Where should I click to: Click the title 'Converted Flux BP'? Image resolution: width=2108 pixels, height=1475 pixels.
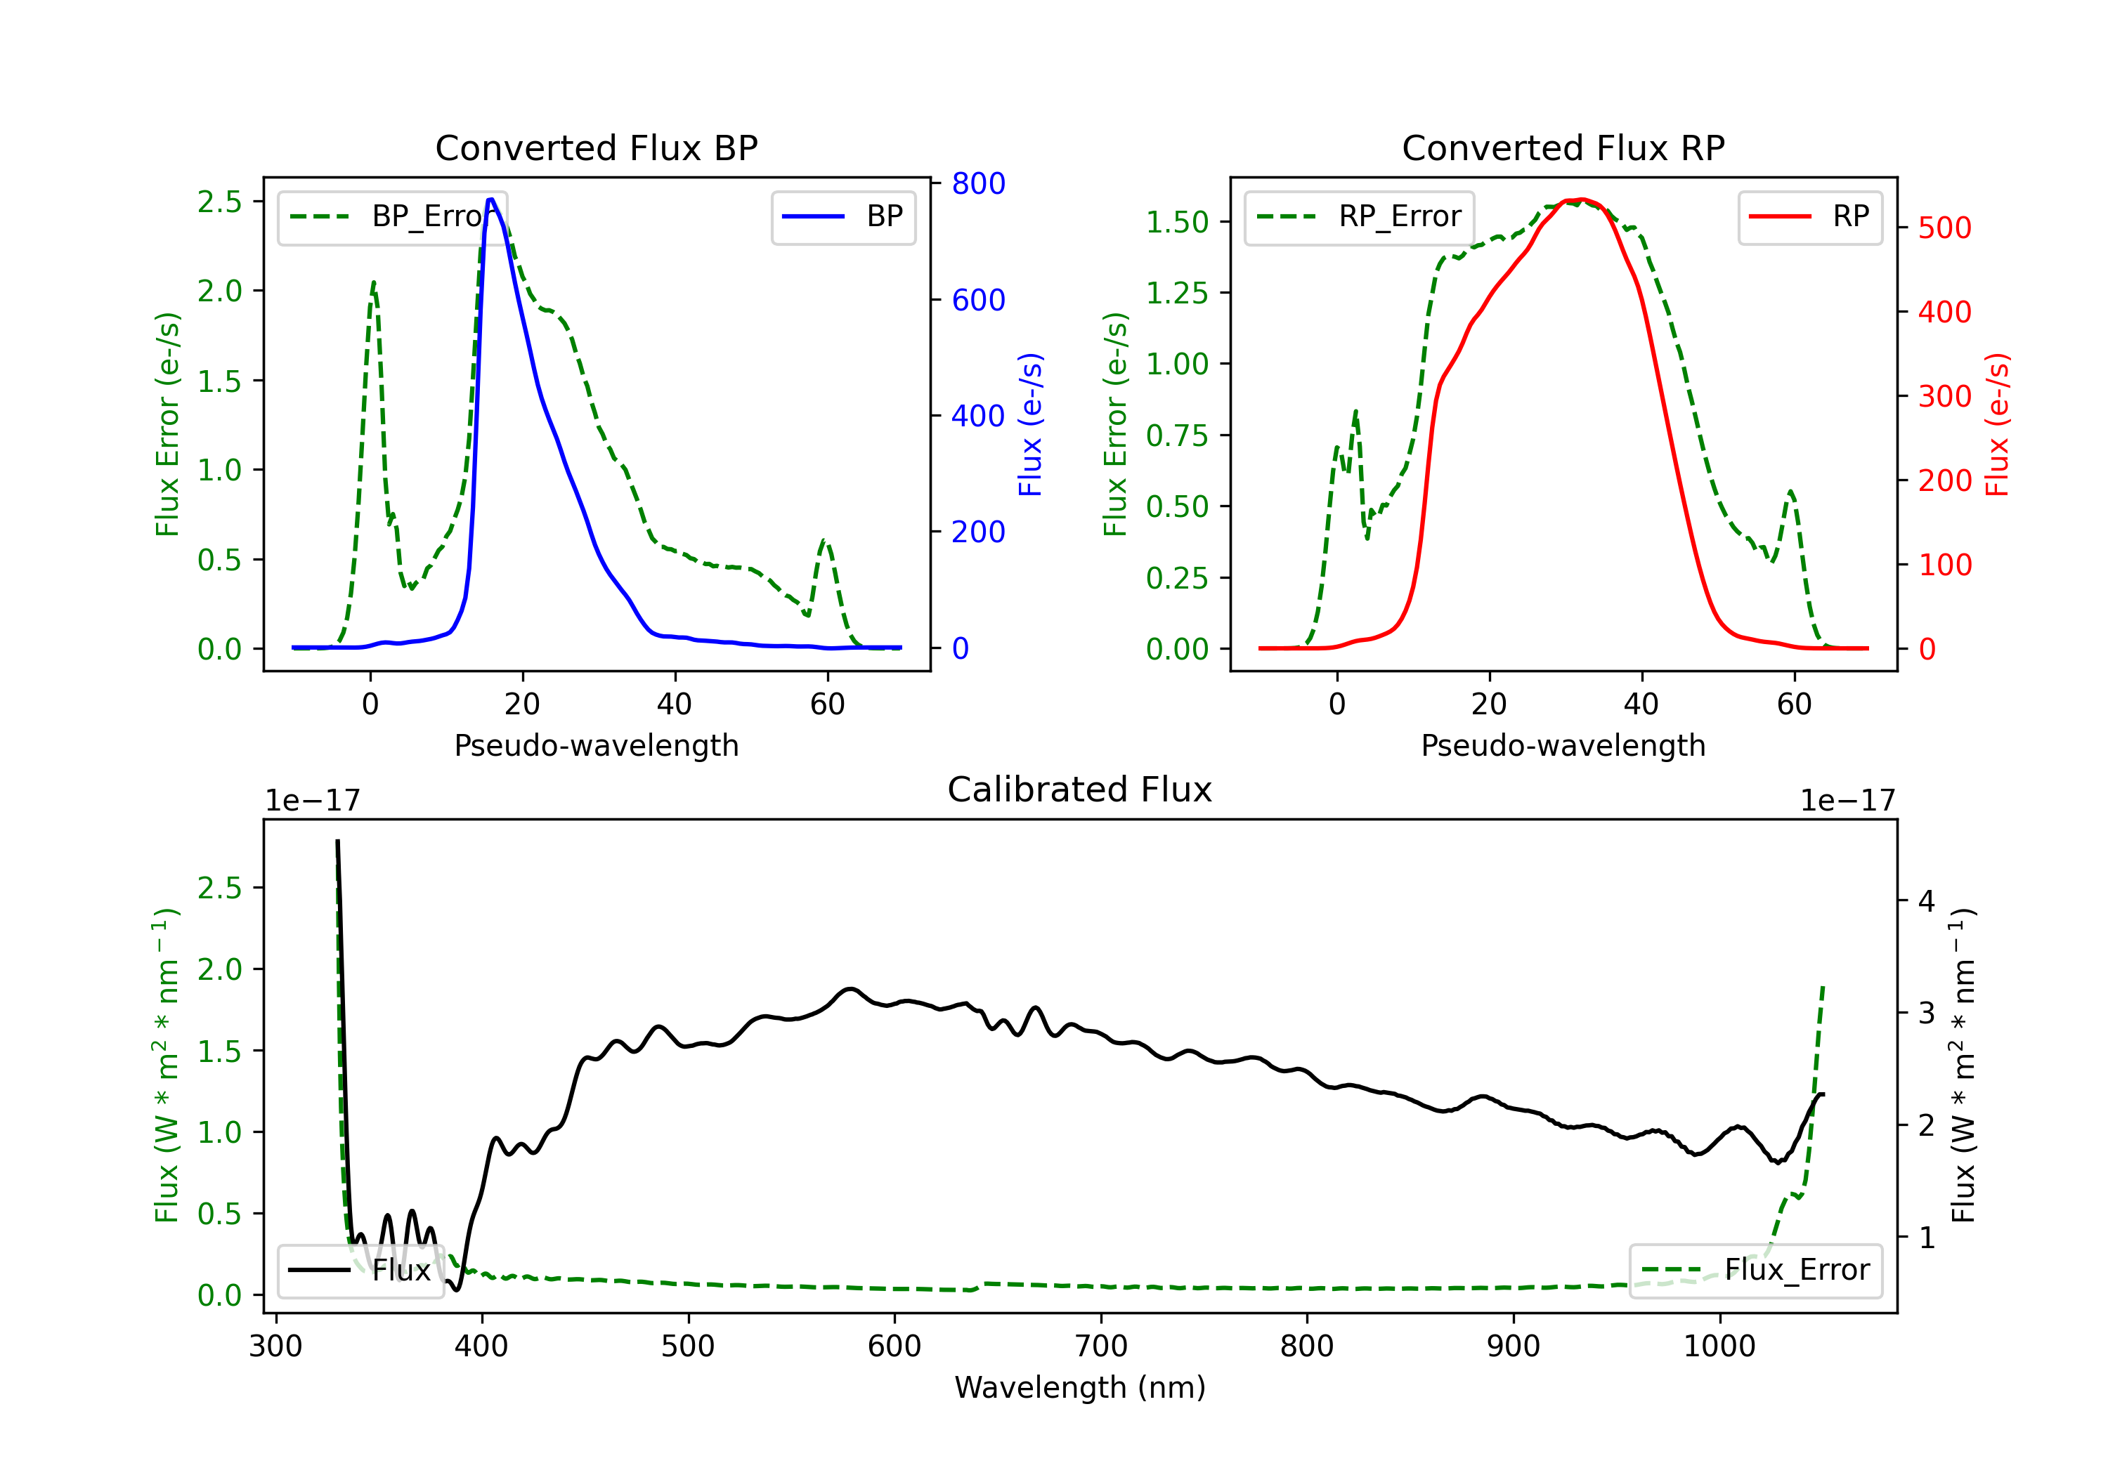[596, 147]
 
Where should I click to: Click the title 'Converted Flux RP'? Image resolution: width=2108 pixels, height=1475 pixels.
[1563, 147]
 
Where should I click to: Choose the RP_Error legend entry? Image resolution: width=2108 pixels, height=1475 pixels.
[1359, 216]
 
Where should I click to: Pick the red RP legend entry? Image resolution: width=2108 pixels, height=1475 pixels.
[1809, 216]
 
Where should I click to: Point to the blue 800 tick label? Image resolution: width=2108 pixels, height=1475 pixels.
[978, 183]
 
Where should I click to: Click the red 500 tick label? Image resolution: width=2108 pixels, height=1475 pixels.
[1944, 228]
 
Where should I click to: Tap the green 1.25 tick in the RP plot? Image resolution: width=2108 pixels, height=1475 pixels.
[1176, 293]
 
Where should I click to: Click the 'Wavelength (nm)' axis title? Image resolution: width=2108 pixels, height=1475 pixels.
[1080, 1387]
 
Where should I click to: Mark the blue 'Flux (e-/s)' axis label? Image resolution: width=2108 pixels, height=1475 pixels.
[1030, 424]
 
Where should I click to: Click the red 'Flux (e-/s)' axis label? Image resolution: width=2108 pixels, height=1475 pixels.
[1997, 424]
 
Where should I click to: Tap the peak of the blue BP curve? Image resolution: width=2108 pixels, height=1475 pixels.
[491, 199]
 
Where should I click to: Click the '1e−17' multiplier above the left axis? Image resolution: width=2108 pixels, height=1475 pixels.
[312, 801]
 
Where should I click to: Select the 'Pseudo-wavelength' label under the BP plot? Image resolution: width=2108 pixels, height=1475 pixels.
[596, 745]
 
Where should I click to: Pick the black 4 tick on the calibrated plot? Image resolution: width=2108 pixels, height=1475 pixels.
[1926, 900]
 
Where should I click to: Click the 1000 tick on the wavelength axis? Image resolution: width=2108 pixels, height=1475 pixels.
[1719, 1346]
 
